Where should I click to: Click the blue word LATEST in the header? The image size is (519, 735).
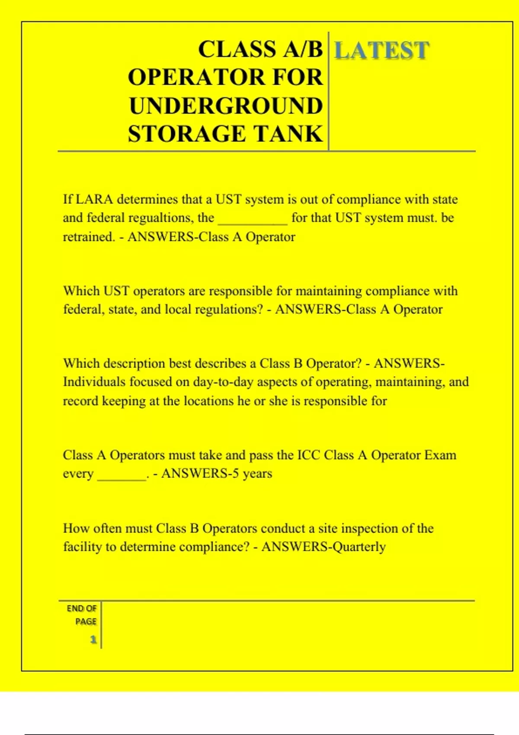[381, 50]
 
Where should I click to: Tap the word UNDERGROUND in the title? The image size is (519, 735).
[226, 106]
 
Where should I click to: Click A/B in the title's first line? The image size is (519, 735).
[303, 49]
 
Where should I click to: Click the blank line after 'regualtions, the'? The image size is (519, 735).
[253, 219]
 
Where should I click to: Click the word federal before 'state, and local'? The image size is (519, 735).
[82, 310]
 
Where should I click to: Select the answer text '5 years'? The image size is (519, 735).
[252, 474]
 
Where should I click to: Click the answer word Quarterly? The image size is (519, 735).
[359, 547]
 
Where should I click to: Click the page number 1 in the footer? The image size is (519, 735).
[93, 639]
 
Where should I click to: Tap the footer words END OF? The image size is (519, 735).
[82, 608]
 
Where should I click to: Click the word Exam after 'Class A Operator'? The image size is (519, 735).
[440, 455]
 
